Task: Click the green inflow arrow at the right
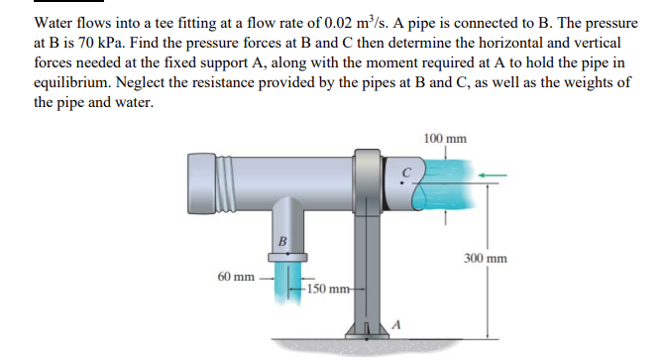(493, 176)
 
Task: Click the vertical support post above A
(367, 268)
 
